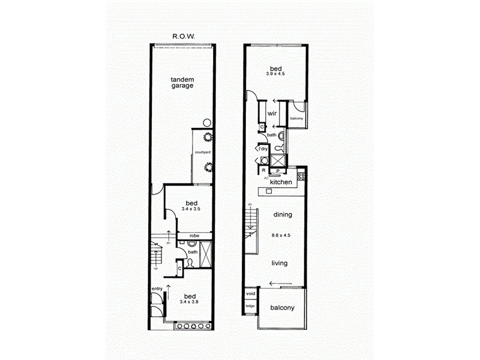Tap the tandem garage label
[x=182, y=82]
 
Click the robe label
[x=194, y=236]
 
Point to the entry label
[x=157, y=289]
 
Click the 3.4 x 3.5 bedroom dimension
[x=191, y=210]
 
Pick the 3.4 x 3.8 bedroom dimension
[x=190, y=302]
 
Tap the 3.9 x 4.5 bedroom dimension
[x=275, y=73]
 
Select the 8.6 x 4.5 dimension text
[x=281, y=235]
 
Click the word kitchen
[x=281, y=182]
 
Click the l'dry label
[x=262, y=148]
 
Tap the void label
[x=250, y=294]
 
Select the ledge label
[x=250, y=306]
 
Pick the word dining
[x=282, y=214]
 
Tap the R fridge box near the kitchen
[x=263, y=170]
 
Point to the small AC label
[x=265, y=178]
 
